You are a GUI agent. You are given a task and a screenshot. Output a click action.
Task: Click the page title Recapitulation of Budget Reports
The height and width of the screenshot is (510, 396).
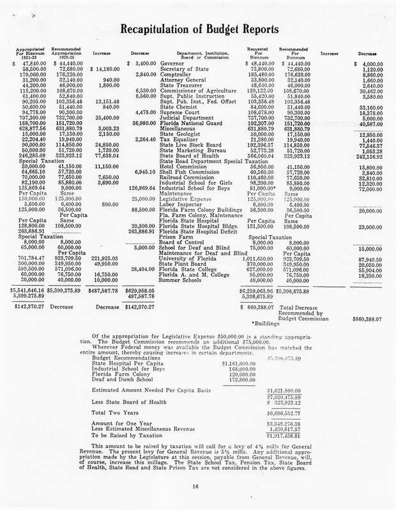coord(199,29)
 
